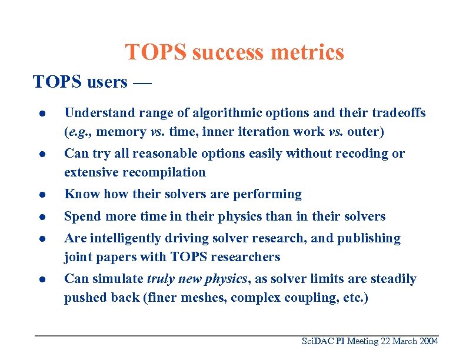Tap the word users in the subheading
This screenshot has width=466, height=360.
[106, 82]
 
